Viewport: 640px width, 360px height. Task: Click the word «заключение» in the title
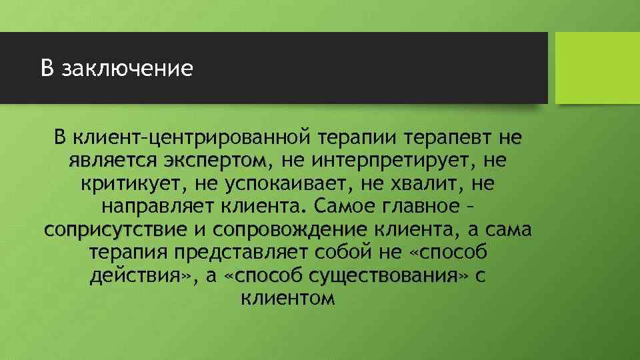pos(127,69)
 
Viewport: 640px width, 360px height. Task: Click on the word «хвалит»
pos(425,183)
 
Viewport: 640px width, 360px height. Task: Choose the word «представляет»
pos(255,253)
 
